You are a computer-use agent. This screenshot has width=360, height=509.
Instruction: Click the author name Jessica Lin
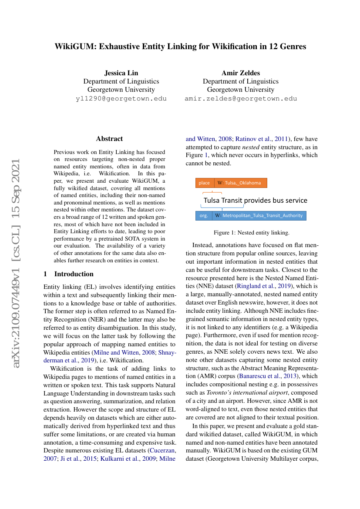[121, 73]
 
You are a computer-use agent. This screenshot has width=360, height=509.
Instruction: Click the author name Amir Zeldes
[240, 73]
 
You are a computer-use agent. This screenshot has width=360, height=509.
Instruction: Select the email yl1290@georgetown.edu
[121, 98]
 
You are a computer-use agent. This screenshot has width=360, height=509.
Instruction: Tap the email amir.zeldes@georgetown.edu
[240, 98]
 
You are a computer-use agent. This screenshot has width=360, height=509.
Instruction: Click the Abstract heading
[109, 139]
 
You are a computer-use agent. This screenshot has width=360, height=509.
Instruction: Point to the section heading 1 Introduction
[69, 274]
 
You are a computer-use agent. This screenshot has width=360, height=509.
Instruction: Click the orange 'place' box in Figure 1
[204, 183]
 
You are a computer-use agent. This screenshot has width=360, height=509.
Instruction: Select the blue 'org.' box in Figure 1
[204, 215]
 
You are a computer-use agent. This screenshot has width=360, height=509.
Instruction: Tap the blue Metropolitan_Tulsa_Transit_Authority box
[260, 215]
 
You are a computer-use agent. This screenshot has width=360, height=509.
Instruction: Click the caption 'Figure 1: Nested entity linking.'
[251, 233]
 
